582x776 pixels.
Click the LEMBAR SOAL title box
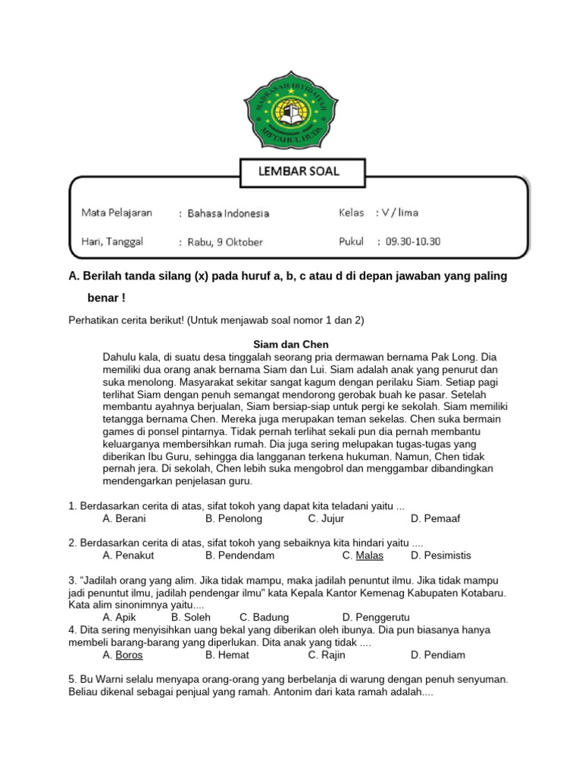point(302,172)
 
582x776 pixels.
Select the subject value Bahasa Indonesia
point(228,214)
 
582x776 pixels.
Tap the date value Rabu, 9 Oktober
point(225,242)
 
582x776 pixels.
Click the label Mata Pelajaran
point(117,213)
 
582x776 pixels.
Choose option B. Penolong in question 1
point(233,518)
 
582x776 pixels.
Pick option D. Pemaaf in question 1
point(435,518)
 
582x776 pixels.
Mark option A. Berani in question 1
point(124,518)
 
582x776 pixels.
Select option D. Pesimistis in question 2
point(440,555)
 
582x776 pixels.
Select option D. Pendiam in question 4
point(438,655)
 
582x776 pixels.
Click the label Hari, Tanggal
point(112,242)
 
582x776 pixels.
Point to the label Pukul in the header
point(352,242)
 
